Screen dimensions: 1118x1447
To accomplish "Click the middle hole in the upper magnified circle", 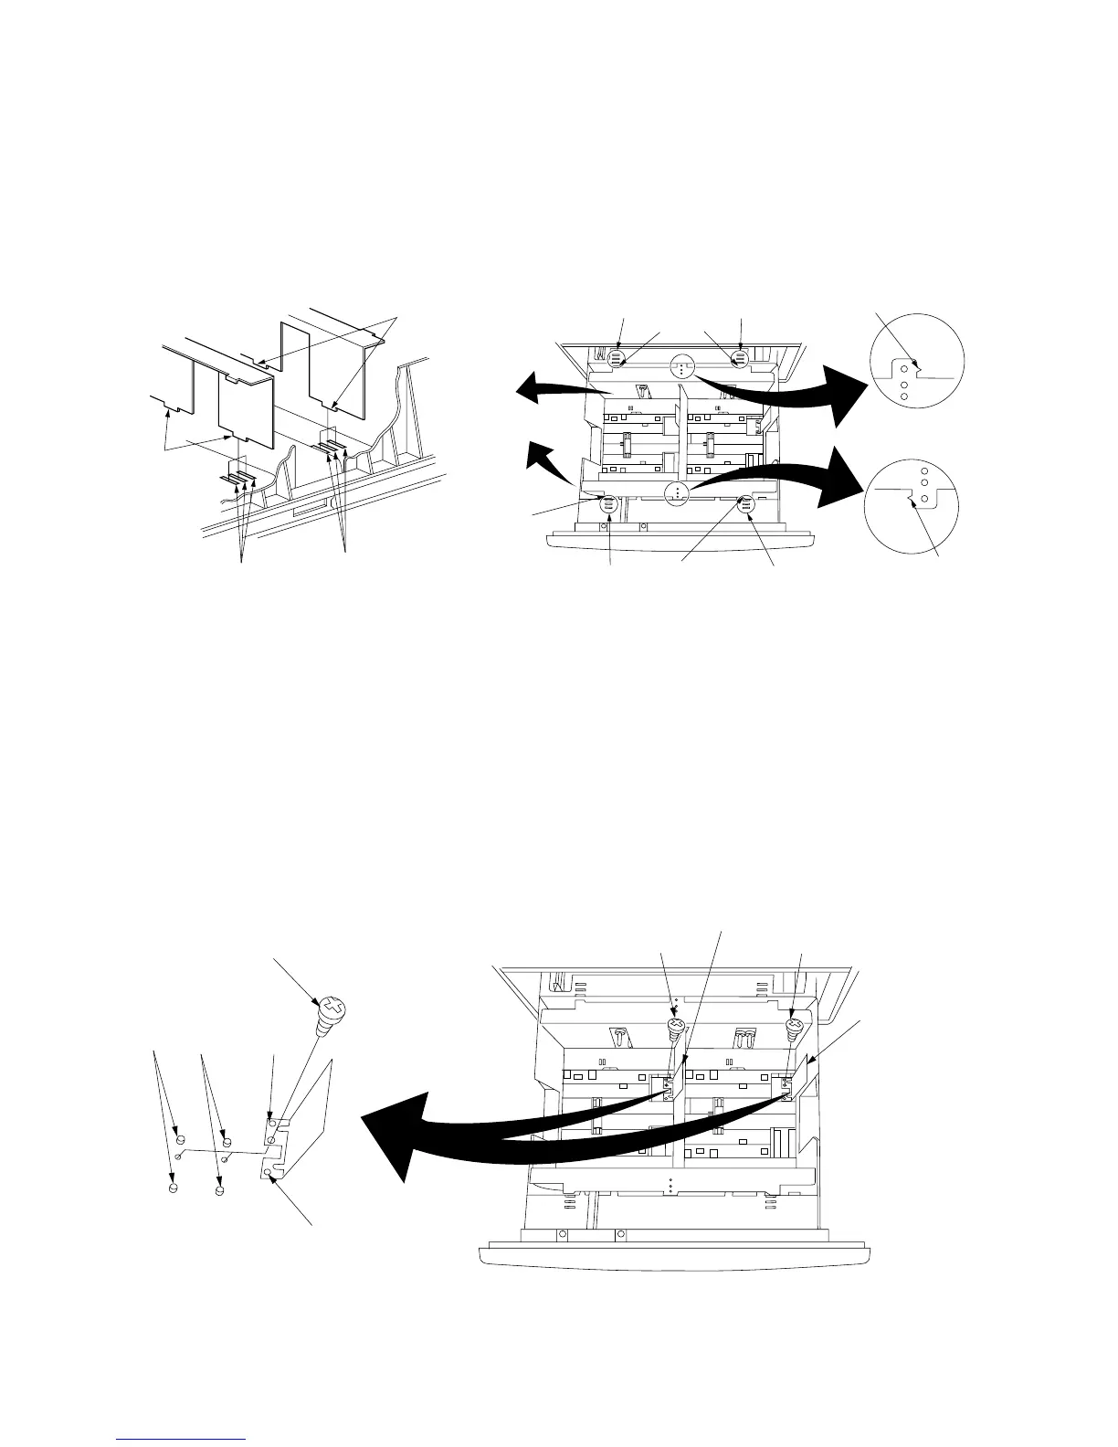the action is [904, 385].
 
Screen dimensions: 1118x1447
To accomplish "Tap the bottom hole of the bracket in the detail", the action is [266, 1171].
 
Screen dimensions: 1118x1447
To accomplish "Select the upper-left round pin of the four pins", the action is [180, 1140].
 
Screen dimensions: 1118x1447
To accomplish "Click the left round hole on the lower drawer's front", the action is [562, 1234].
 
